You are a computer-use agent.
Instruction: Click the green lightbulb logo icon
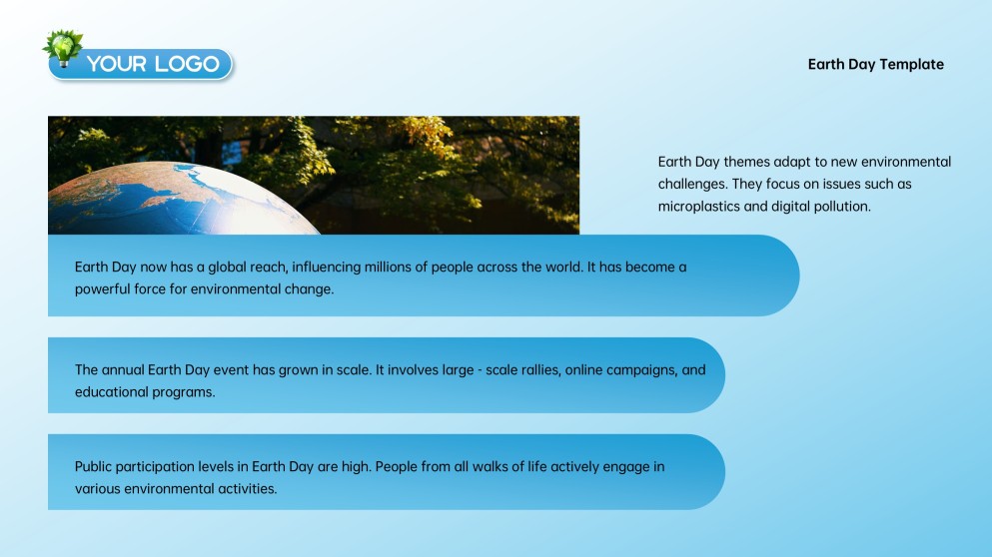click(x=64, y=45)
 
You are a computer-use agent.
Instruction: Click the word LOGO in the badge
click(x=187, y=64)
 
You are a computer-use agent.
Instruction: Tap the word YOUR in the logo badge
click(x=117, y=64)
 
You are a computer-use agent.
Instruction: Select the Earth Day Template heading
click(x=875, y=64)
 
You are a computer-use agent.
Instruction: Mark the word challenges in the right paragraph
click(x=690, y=184)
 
